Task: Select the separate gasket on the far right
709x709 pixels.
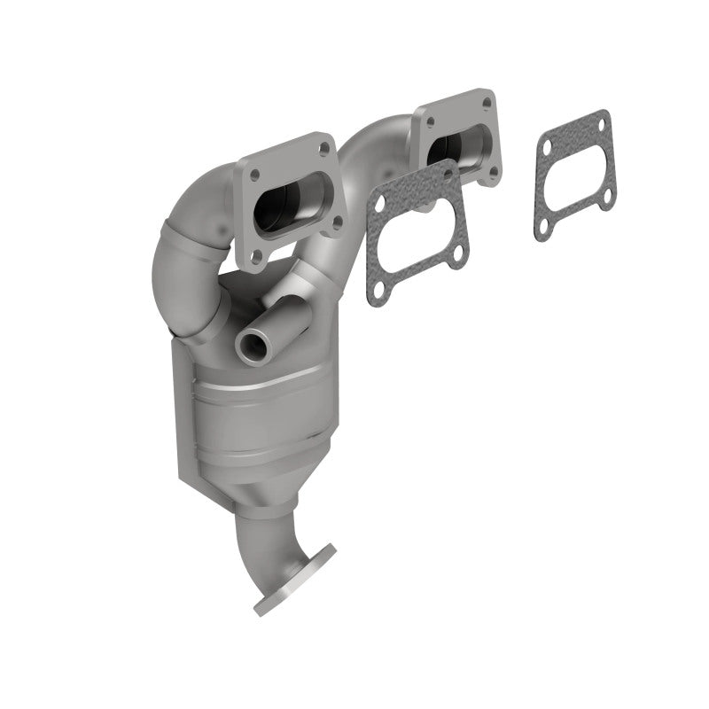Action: point(574,174)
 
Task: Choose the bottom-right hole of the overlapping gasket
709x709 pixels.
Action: point(455,258)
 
